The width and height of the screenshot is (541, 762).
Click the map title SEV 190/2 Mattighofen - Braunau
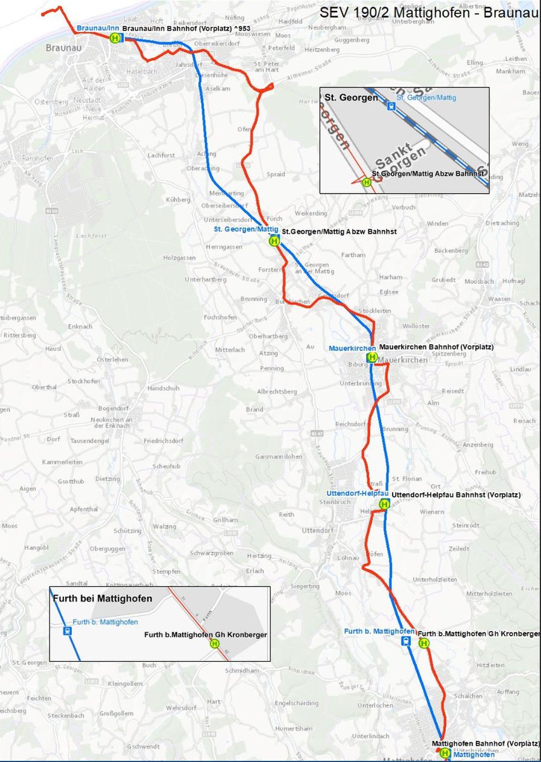tap(428, 13)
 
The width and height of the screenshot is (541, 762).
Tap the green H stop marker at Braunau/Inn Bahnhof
tap(115, 38)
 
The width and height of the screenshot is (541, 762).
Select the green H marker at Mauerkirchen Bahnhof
tap(372, 357)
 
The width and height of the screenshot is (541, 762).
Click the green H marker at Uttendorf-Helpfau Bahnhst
tap(384, 504)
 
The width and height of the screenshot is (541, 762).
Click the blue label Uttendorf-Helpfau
tap(352, 493)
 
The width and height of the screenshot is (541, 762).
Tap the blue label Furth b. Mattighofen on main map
tap(379, 631)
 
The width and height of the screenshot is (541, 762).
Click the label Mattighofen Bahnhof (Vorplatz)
tap(485, 743)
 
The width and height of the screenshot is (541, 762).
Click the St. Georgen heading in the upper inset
tap(351, 98)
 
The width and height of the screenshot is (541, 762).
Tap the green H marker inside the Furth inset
tap(214, 643)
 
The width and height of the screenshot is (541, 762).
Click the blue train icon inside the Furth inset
tap(67, 631)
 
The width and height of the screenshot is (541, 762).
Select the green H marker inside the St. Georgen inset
tap(366, 182)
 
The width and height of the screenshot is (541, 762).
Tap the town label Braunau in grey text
tap(61, 47)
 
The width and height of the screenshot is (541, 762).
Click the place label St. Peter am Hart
tap(266, 67)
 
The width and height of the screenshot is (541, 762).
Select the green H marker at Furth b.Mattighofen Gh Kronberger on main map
tap(424, 643)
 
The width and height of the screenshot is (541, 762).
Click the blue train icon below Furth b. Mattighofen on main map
tap(405, 641)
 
